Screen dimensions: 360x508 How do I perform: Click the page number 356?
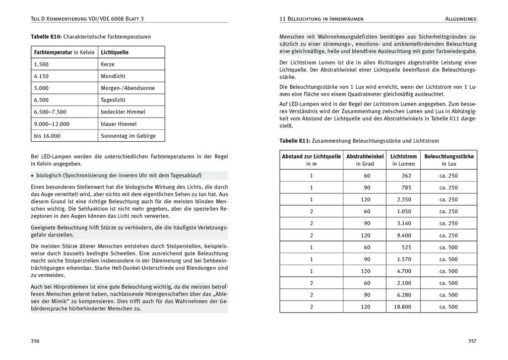tap(35, 341)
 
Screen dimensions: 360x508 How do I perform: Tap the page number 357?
tap(472, 341)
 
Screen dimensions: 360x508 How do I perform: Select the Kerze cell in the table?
tap(108, 64)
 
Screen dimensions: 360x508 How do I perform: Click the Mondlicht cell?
tap(113, 76)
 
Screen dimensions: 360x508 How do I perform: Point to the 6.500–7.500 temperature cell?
tap(50, 112)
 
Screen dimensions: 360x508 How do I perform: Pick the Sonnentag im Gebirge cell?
tap(128, 136)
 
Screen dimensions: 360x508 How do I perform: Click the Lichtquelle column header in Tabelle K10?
tap(115, 52)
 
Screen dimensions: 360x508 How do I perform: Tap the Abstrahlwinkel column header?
tap(365, 156)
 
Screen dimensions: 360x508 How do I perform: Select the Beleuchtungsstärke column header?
tap(449, 156)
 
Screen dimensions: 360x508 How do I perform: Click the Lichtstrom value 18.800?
tap(402, 307)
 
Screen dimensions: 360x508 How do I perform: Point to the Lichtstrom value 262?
tap(407, 176)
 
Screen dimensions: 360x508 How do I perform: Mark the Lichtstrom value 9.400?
tap(404, 236)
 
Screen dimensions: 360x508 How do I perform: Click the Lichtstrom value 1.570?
tap(404, 259)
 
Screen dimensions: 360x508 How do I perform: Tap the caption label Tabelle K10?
tap(47, 37)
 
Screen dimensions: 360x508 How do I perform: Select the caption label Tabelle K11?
tap(295, 141)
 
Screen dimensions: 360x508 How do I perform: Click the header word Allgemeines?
tap(460, 19)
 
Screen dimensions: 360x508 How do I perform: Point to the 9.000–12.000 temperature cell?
tap(52, 124)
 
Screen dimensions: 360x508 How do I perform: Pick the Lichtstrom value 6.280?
tap(404, 295)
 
